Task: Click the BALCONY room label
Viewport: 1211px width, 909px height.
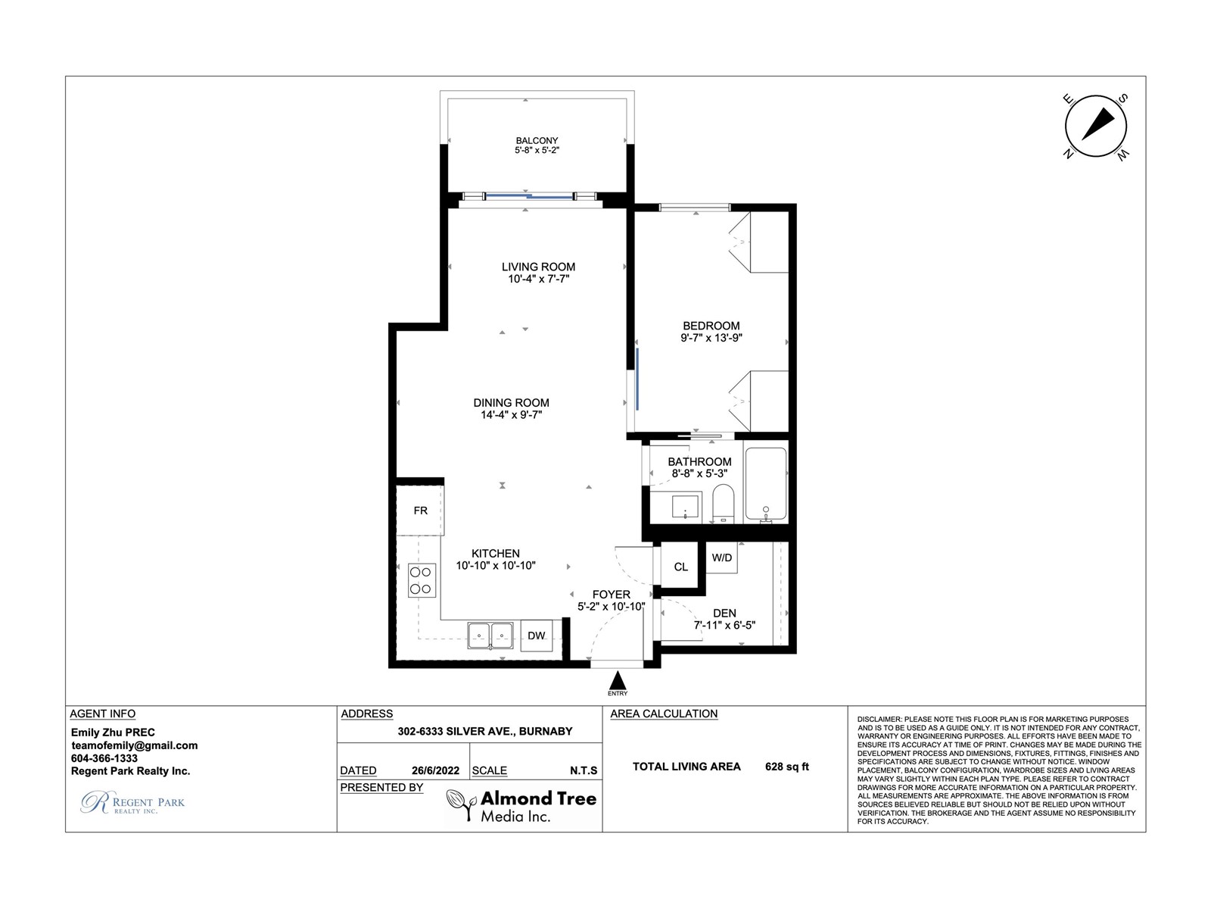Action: point(537,141)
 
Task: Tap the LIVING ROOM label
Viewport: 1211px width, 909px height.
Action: point(538,267)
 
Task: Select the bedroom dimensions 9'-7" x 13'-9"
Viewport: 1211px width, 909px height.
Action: point(711,338)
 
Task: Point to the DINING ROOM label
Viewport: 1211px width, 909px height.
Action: point(511,403)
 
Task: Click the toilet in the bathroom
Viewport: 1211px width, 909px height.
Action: point(723,503)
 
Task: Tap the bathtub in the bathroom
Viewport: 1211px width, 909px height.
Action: point(766,485)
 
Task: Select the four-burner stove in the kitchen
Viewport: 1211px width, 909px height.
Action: point(422,580)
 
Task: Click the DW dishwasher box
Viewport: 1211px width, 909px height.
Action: point(537,636)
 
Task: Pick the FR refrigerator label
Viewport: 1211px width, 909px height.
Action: point(420,511)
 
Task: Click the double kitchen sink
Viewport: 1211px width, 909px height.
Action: point(490,635)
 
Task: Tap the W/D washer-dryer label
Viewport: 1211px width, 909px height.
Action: point(721,558)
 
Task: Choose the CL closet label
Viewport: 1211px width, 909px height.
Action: point(680,567)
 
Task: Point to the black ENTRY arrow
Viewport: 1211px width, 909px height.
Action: point(618,679)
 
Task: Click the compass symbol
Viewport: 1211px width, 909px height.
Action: point(1095,126)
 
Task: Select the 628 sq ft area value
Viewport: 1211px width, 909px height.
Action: point(786,766)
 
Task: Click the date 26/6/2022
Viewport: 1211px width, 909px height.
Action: point(434,770)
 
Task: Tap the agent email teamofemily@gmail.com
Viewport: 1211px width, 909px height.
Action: point(134,745)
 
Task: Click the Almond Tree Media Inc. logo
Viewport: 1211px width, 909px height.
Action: point(521,806)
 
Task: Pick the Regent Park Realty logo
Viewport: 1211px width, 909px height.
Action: point(132,802)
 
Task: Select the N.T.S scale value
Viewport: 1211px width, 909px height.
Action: point(584,770)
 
